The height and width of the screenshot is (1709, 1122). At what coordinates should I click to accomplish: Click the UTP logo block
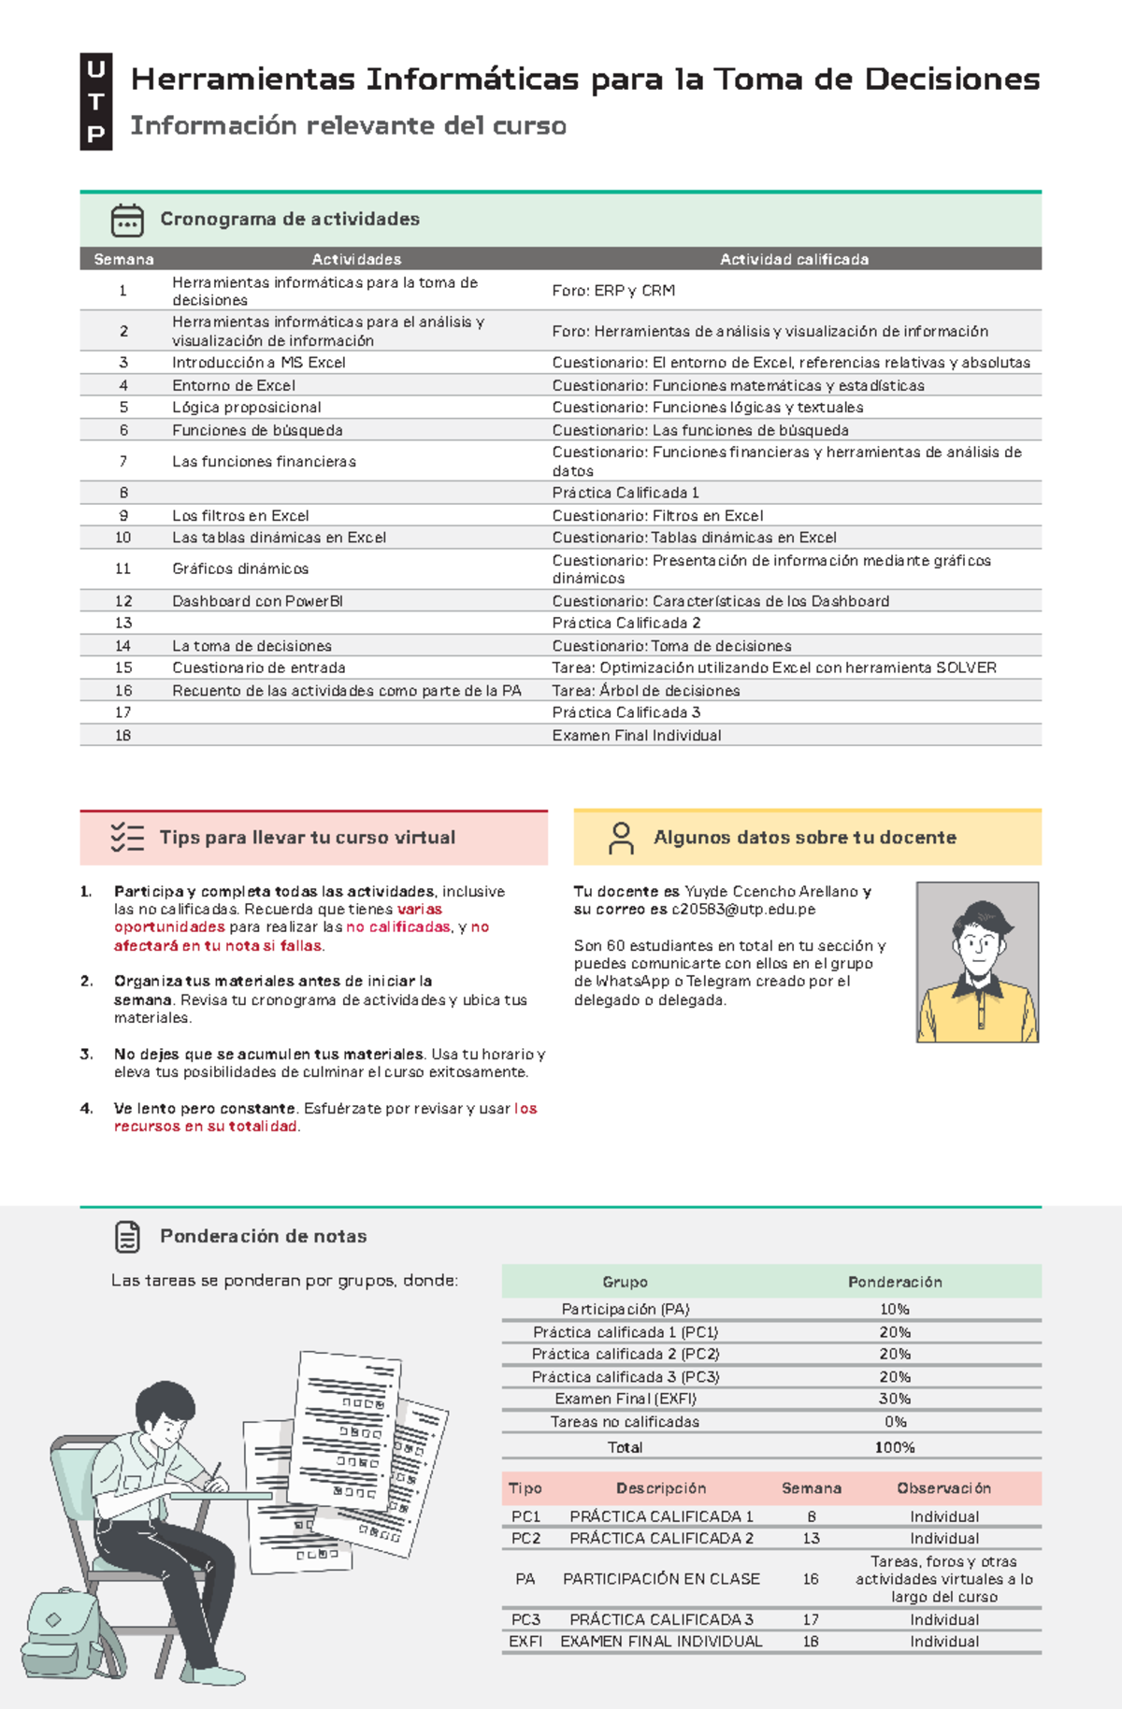pos(95,101)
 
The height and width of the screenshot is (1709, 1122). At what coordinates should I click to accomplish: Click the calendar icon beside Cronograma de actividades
pos(127,220)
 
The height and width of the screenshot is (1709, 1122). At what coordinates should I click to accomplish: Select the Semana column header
pos(123,259)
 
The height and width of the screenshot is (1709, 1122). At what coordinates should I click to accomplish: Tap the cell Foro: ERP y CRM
pos(613,291)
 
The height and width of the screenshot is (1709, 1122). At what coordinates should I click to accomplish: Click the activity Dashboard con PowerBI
pos(257,601)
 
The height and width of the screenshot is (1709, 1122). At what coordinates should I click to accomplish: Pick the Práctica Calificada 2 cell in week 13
pos(626,623)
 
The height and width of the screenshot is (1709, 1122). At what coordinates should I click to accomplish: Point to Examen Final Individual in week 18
pos(636,736)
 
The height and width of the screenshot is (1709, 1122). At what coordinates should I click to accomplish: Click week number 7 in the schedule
pos(122,462)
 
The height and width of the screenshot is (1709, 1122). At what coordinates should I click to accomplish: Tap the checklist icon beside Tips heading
pos(126,838)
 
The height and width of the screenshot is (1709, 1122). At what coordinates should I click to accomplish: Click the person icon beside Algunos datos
pos(621,838)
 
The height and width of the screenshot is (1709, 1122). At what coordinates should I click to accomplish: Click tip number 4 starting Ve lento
pos(325,1117)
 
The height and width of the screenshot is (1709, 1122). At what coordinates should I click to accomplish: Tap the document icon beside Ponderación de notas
pos(127,1237)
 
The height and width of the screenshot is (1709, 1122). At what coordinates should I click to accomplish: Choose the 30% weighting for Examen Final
pos(894,1399)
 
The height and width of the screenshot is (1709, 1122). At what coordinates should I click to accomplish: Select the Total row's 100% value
pos(894,1447)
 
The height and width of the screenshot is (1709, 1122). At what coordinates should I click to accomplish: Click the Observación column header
pos(943,1488)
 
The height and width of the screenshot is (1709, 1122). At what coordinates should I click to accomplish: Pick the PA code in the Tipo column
pos(525,1579)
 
